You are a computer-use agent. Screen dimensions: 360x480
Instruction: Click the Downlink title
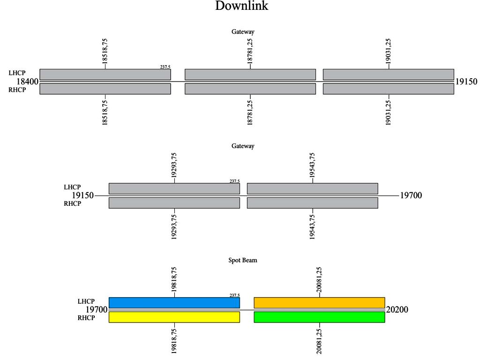coord(241,6)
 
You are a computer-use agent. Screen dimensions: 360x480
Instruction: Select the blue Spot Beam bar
coord(174,303)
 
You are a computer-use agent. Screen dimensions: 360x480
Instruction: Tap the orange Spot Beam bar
coord(319,303)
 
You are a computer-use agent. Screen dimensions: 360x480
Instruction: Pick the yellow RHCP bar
coord(174,317)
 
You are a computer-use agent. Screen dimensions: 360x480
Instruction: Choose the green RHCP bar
coord(319,317)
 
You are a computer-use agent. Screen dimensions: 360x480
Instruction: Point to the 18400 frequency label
coord(27,82)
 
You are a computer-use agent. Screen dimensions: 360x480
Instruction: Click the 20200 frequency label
coord(397,309)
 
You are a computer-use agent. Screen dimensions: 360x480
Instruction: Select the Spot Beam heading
coord(243,260)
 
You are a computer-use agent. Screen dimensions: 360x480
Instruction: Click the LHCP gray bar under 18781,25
coord(250,75)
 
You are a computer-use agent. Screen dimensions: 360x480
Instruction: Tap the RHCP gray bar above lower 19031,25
coord(388,89)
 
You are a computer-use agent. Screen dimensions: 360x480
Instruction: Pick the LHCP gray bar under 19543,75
coord(312,188)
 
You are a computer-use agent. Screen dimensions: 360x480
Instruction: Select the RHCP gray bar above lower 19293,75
coord(174,202)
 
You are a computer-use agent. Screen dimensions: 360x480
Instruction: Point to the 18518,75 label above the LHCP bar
coord(105,51)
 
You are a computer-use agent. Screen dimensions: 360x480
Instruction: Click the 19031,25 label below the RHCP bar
coord(388,112)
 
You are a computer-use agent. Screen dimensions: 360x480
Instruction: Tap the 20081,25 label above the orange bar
coord(319,279)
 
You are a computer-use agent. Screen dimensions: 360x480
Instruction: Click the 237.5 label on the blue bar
coord(234,295)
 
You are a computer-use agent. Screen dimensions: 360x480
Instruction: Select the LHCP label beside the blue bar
coord(86,301)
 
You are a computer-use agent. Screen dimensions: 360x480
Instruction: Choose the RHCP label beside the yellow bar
coord(86,318)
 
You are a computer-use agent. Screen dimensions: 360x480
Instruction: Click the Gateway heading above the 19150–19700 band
coord(243,146)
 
